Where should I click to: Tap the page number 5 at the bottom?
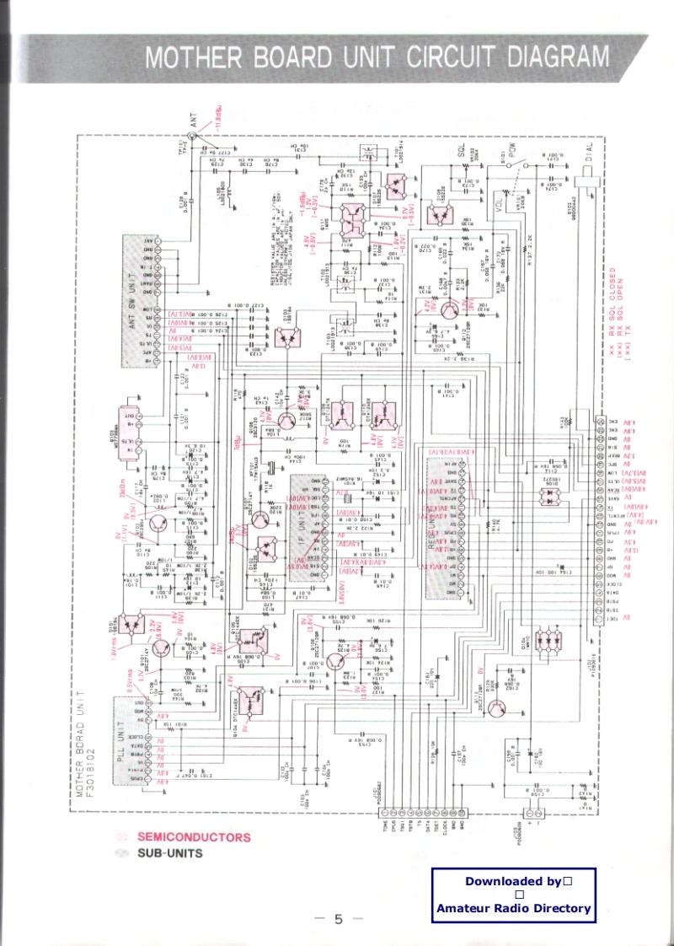338,918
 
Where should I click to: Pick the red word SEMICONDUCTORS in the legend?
194,837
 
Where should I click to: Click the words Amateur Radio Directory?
514,908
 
